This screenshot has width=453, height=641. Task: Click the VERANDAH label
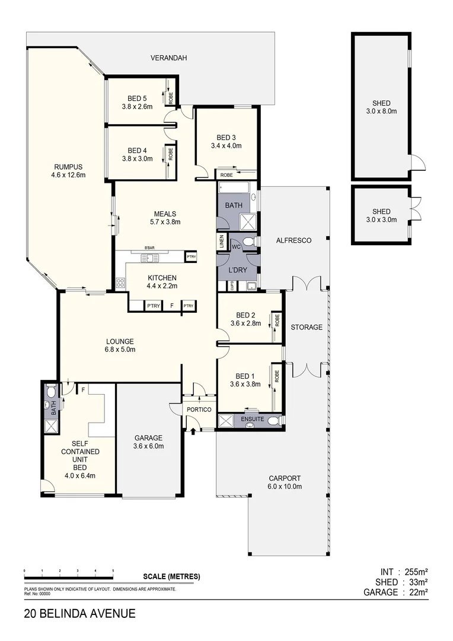pos(168,58)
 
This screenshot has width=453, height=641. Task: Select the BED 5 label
pos(137,99)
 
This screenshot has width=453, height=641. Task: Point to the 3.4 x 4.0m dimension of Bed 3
pos(226,145)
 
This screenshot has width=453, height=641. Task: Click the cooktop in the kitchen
pos(120,283)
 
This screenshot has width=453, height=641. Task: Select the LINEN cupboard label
pos(221,241)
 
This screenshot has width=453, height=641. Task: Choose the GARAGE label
pos(148,438)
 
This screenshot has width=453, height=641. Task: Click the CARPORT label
pos(285,478)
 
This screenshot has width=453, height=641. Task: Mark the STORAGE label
pos(306,327)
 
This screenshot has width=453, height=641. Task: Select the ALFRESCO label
pos(294,240)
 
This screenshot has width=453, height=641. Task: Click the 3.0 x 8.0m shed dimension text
pos(381,111)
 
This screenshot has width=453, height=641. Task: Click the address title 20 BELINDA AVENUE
pos(80,614)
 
